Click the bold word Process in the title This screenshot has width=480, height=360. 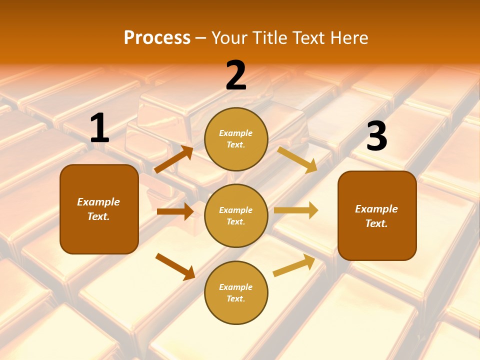tap(157, 38)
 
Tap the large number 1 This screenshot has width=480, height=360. tap(99, 128)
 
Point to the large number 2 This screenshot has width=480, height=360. tap(236, 75)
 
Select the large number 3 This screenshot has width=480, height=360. tap(376, 136)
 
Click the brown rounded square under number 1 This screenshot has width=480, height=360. tap(99, 209)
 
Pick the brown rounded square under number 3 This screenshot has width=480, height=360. tap(377, 215)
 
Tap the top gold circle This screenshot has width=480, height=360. tap(236, 139)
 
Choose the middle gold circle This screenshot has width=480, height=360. tap(236, 215)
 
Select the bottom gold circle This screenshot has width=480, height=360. tap(236, 292)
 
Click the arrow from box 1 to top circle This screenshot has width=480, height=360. tap(173, 159)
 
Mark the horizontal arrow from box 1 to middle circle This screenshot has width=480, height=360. tap(175, 211)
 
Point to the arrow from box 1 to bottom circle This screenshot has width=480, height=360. tap(175, 266)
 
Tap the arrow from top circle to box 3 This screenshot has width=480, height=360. tap(297, 159)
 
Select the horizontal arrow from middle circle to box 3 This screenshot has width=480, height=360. tap(296, 210)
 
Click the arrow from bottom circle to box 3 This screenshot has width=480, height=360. tap(294, 265)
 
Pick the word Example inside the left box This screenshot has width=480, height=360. tap(98, 202)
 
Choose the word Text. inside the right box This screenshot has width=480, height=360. tap(376, 223)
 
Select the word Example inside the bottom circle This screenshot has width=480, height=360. tap(236, 287)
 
